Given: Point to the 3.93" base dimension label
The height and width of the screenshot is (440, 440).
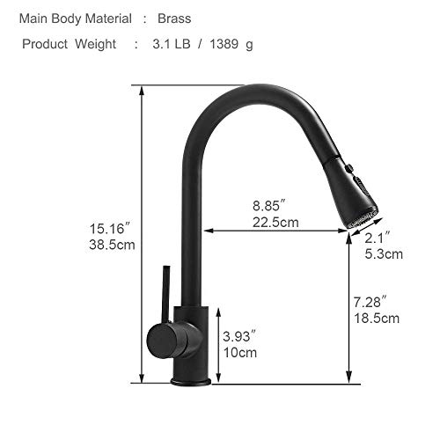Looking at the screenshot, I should [x=239, y=336].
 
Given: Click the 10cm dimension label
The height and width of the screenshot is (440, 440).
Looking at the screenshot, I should [x=239, y=352].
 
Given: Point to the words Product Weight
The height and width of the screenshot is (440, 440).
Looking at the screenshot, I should [x=69, y=44].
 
